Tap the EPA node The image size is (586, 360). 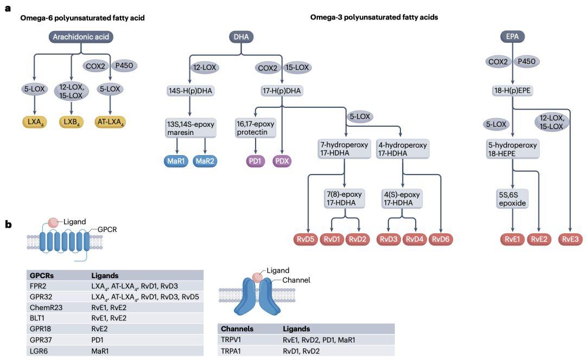[x=512, y=37]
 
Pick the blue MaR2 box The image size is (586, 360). [x=205, y=161]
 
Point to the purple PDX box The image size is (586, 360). [x=283, y=161]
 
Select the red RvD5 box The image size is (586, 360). [x=308, y=239]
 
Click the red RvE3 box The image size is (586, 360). [x=570, y=239]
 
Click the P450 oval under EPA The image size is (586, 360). [x=525, y=61]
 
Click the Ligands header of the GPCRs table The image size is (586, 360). [x=105, y=275]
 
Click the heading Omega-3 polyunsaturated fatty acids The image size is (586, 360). [x=374, y=17]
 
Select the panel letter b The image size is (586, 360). [x=8, y=223]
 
